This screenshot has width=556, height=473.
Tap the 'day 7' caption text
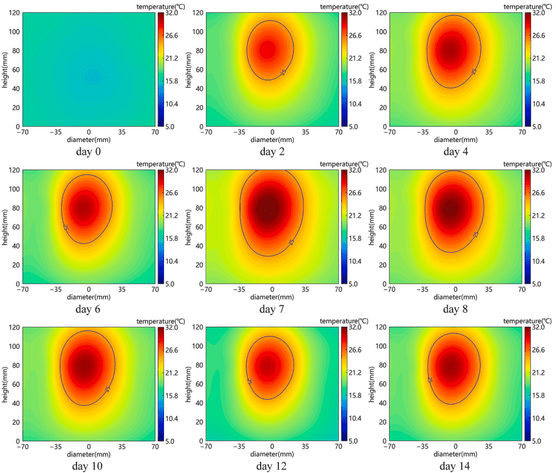(271, 309)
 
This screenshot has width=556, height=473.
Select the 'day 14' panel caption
(455, 467)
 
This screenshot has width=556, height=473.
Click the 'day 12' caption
(272, 467)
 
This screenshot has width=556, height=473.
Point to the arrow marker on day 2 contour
(283, 73)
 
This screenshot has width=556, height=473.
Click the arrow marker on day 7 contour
(291, 242)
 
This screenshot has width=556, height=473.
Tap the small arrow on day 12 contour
(250, 381)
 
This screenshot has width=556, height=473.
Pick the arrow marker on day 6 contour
(65, 228)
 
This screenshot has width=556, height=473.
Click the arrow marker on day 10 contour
(107, 389)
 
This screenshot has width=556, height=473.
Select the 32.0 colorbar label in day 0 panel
(175, 13)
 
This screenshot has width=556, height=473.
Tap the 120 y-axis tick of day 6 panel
(13, 171)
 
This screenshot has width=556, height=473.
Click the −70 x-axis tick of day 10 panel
(23, 446)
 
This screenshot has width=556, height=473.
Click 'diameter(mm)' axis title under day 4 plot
(456, 139)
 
